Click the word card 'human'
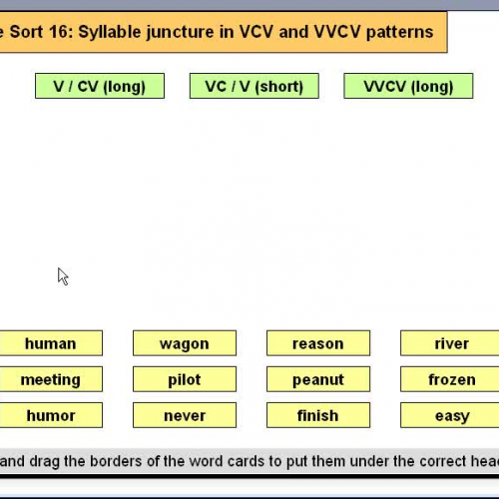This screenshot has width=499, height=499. tap(50, 343)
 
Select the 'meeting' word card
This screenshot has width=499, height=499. tap(50, 379)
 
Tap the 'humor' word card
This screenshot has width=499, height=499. tap(50, 415)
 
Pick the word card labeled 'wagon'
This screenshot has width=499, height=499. tap(185, 343)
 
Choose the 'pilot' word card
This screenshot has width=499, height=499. tap(185, 379)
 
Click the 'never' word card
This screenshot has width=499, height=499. tap(185, 415)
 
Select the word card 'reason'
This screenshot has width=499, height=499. tap(318, 343)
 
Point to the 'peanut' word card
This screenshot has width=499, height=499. tap(318, 379)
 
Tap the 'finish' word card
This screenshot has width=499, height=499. tap(318, 415)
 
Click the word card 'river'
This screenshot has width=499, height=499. tap(451, 343)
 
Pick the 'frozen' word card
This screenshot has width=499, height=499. tap(451, 379)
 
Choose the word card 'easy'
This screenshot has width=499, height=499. tap(451, 415)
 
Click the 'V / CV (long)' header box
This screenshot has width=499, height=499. tap(100, 86)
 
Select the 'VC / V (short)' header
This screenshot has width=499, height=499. tap(253, 86)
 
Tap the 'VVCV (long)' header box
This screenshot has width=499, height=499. tap(408, 86)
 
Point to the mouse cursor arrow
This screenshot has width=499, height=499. tap(62, 275)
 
